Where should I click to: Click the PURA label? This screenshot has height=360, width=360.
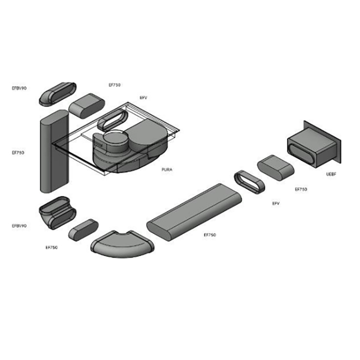[x=167, y=169]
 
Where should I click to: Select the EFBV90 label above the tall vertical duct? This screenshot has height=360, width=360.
[x=19, y=88]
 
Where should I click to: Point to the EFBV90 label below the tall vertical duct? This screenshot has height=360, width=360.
[x=19, y=226]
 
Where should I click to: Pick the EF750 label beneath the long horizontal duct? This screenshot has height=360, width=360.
[x=209, y=235]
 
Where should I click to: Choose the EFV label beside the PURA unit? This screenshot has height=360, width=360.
[x=144, y=97]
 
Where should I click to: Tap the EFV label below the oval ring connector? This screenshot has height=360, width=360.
[x=276, y=204]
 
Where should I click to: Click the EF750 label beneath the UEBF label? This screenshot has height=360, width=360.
[x=301, y=189]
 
